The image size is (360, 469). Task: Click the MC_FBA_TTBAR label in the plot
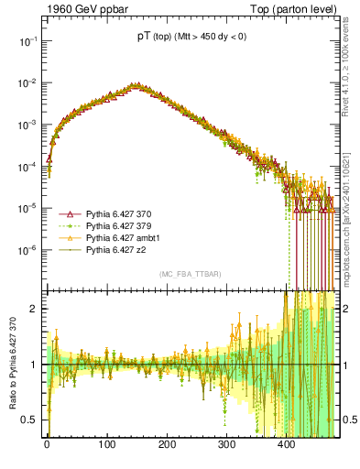[190, 274]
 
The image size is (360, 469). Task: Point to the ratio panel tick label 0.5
[30, 420]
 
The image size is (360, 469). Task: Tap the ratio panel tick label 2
[35, 309]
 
